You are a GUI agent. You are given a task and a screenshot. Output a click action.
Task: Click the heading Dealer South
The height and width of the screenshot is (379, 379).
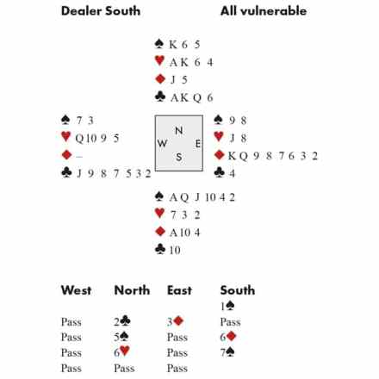101,11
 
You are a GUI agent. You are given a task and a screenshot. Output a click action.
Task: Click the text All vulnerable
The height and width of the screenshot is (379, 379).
264,11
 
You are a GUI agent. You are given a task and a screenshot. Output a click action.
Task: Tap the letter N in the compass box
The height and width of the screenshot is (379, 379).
179,131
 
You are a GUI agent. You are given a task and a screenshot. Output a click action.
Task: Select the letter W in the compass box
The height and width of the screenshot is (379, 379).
162,143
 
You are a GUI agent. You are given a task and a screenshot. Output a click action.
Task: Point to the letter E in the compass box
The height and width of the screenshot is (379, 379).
198,144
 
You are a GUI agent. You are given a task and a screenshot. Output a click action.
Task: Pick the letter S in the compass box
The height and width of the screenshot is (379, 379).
179,157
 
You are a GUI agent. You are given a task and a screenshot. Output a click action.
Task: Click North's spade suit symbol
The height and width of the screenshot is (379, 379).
159,44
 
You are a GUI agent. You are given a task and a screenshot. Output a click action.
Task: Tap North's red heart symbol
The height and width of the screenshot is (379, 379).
159,60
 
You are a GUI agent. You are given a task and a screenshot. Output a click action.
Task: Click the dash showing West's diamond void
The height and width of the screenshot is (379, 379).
79,157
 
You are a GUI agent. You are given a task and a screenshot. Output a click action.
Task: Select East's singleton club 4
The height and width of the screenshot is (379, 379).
232,173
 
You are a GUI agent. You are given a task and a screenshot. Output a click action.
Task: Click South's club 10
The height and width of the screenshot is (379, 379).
175,250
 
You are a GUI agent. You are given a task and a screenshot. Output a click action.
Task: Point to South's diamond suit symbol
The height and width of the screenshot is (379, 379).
160,231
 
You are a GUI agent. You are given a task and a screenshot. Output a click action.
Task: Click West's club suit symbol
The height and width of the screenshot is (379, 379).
66,172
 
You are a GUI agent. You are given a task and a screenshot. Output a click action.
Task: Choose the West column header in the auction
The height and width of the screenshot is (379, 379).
76,290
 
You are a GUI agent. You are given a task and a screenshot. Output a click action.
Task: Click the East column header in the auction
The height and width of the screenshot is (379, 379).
179,290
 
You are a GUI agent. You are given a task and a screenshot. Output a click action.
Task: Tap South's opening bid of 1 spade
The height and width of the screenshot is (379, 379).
227,306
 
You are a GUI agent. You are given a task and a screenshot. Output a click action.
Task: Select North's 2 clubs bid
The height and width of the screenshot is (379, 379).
122,321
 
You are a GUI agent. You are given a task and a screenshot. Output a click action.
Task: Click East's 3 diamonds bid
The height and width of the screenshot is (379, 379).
175,321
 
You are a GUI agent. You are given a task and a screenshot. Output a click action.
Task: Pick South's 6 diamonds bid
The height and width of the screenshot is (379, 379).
228,337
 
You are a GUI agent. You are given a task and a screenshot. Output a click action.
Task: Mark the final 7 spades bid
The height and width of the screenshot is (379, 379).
227,352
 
